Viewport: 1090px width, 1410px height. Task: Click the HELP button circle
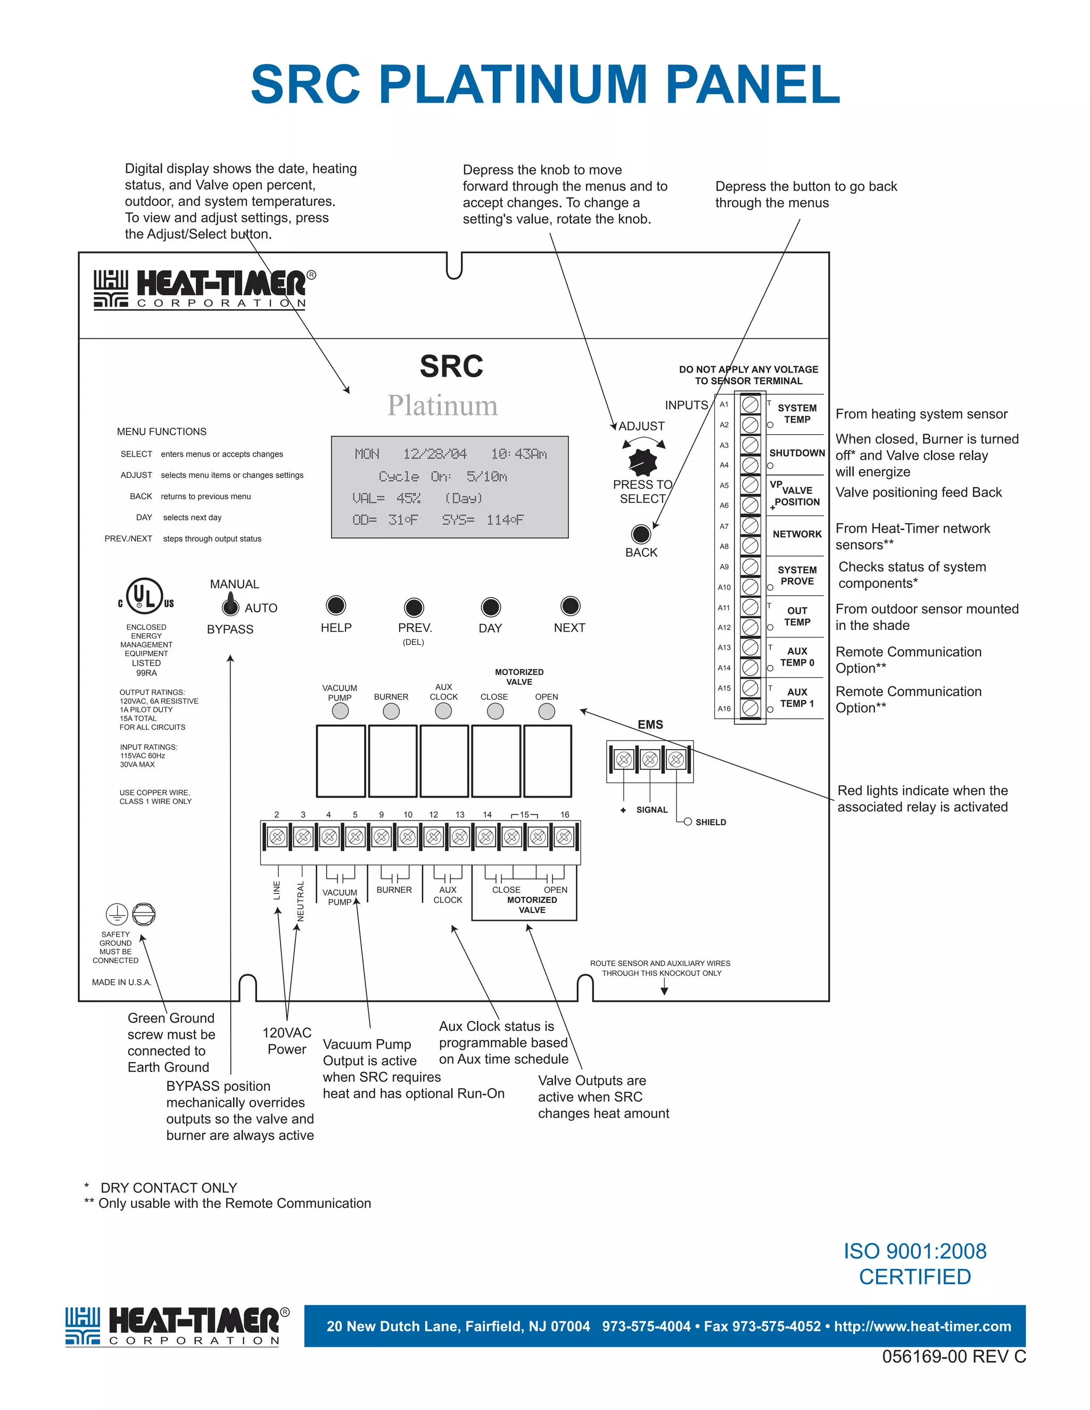point(336,605)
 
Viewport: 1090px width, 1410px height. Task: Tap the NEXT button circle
point(569,606)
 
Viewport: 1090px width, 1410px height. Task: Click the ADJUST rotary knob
point(642,461)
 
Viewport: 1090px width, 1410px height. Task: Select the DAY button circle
point(491,607)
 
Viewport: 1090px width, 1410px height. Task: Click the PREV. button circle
point(414,607)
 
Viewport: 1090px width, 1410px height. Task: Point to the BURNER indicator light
point(391,711)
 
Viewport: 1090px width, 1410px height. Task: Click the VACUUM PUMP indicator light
point(340,711)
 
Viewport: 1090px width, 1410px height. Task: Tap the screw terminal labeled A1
point(750,405)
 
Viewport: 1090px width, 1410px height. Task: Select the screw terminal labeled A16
point(750,708)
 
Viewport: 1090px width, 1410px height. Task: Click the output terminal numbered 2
point(277,837)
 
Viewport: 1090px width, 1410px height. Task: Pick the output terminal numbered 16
point(564,837)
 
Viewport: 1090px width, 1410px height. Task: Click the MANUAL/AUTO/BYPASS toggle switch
point(229,606)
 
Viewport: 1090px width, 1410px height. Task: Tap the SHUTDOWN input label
point(797,453)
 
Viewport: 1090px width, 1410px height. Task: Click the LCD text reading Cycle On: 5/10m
point(443,476)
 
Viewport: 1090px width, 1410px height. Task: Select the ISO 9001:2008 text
point(915,1251)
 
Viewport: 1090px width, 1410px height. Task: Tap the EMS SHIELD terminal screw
point(676,759)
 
